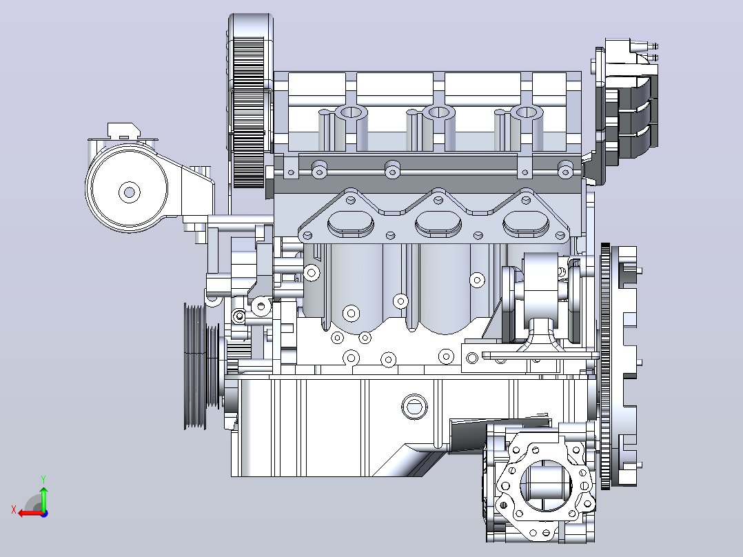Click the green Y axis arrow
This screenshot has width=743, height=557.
coord(43,498)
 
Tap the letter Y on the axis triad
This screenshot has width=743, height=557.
coord(43,479)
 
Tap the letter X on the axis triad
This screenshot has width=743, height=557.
coord(14,509)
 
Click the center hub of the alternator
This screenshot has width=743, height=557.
coord(129,192)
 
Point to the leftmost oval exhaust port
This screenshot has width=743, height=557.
coord(351,224)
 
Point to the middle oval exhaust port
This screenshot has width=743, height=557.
coord(438,224)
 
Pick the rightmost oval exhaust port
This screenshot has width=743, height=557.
coord(526,224)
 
